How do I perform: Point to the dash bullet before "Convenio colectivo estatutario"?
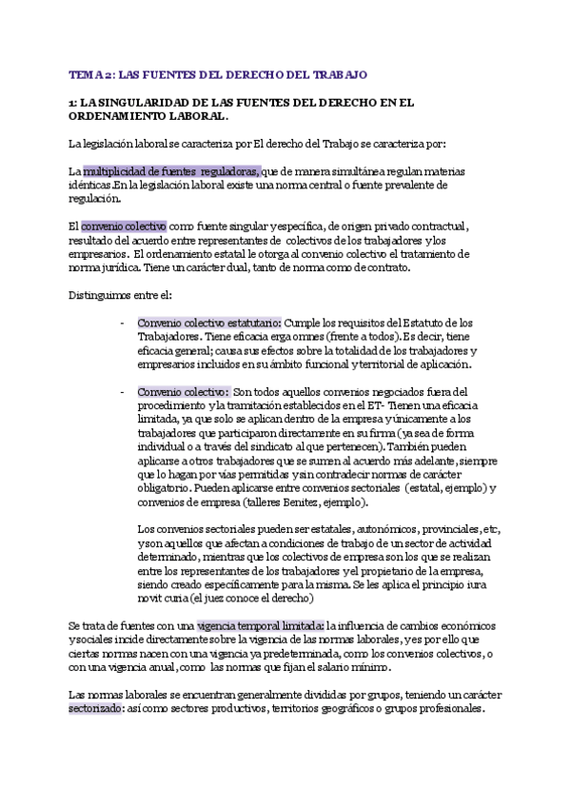tap(122, 323)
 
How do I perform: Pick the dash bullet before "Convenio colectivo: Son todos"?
tap(122, 391)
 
